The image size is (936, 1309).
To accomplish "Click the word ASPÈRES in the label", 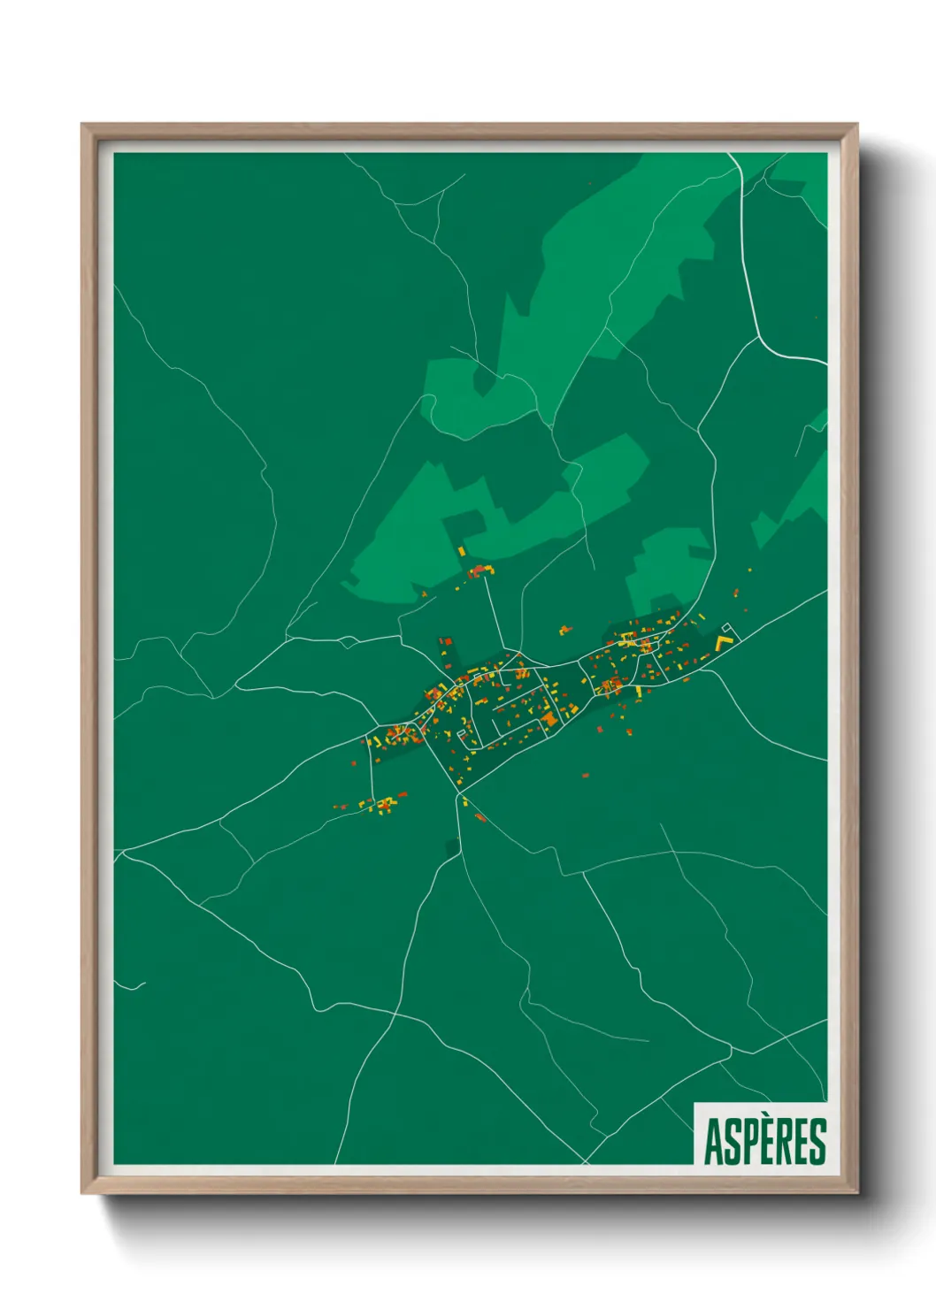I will [x=764, y=1141].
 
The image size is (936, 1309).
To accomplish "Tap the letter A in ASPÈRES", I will [x=712, y=1142].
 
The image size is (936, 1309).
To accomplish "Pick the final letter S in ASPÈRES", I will [x=817, y=1142].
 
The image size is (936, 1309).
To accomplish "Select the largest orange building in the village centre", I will [x=549, y=719].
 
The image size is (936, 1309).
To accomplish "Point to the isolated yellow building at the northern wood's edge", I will [x=461, y=551].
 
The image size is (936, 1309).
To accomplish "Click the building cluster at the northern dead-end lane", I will [x=480, y=570].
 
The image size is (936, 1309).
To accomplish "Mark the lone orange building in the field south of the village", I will [x=584, y=776].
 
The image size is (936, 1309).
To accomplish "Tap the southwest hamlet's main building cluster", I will [x=383, y=804].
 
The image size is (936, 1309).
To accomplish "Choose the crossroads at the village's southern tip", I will [x=456, y=795].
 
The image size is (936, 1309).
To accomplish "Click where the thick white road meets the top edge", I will [x=730, y=154].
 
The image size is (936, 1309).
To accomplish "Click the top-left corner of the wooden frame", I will [x=82, y=125].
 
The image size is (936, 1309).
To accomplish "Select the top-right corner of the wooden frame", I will [x=856, y=125].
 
